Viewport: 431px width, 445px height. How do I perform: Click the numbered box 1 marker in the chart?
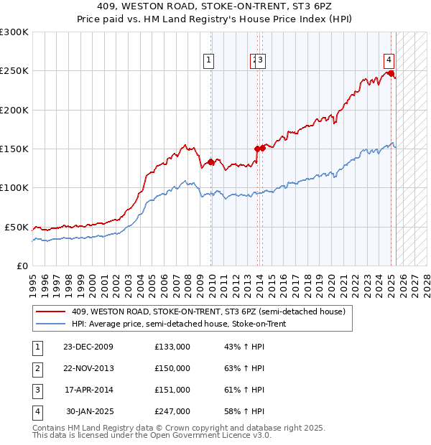tap(208, 61)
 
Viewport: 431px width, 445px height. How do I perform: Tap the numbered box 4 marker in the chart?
tap(388, 61)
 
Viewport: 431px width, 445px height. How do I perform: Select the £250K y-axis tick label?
tap(14, 71)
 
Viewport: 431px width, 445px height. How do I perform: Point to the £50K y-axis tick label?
tap(17, 227)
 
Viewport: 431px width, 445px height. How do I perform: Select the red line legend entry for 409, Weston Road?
tap(208, 311)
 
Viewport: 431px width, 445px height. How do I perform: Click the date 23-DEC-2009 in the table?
tap(88, 347)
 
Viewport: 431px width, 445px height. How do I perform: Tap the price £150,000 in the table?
tap(172, 368)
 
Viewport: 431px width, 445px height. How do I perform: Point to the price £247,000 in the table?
tap(172, 411)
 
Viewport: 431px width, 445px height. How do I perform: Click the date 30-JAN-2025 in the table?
tap(89, 411)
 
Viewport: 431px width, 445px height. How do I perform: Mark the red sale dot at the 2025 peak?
tap(391, 73)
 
